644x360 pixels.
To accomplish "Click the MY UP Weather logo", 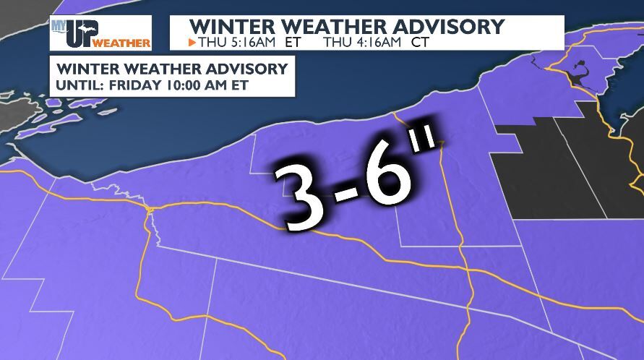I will pos(100,33).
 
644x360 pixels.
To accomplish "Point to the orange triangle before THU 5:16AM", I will pos(192,42).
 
